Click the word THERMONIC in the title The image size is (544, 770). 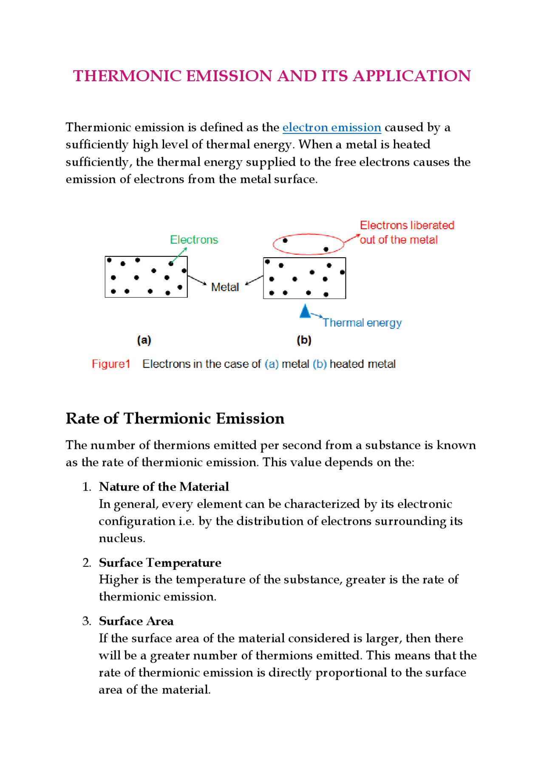(x=127, y=76)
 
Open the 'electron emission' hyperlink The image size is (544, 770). (x=331, y=128)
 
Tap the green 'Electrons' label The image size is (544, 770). (x=194, y=240)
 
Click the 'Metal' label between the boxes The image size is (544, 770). (x=225, y=287)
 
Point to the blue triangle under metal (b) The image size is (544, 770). (x=305, y=311)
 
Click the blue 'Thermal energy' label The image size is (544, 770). (x=362, y=323)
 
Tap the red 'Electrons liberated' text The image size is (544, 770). (x=407, y=225)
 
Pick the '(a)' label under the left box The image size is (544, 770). (x=144, y=340)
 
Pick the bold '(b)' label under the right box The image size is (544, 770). (x=304, y=340)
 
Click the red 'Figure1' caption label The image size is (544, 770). (x=111, y=364)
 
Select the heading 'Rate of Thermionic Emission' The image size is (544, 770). (x=175, y=418)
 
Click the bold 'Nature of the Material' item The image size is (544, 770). (x=164, y=486)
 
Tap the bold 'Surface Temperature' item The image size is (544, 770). (x=160, y=563)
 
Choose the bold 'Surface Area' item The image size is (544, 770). (x=136, y=621)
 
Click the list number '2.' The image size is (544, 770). (x=87, y=563)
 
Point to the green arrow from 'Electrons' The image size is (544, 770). (x=179, y=255)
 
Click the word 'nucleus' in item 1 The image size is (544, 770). (x=122, y=538)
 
